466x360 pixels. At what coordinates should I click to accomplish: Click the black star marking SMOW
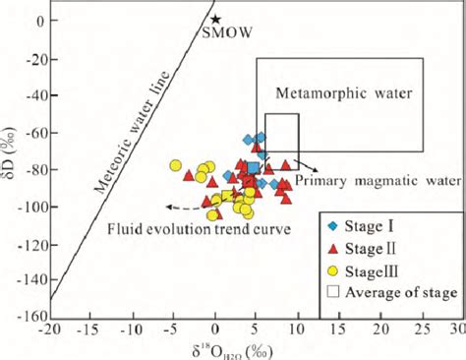pos(215,19)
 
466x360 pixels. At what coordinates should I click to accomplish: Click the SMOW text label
pos(226,33)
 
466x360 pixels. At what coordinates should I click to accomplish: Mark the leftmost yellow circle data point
pos(176,166)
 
